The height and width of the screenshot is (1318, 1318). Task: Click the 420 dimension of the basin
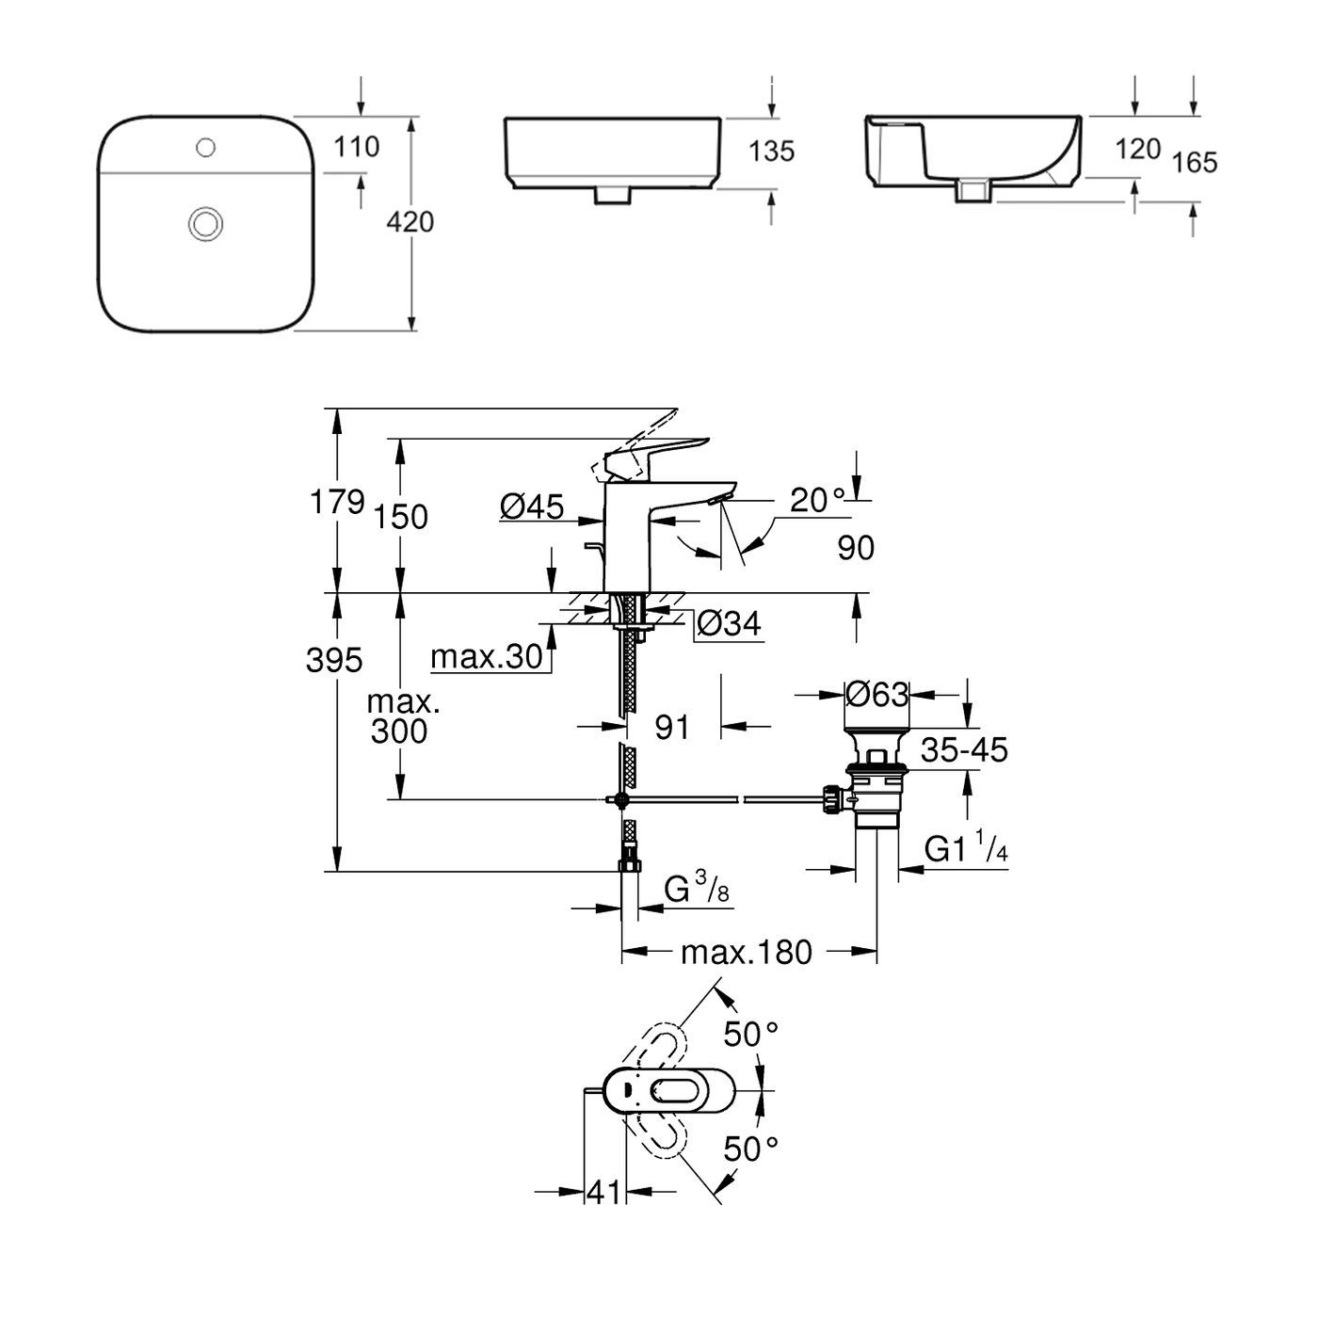point(411,222)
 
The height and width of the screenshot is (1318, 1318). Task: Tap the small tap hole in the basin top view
point(206,147)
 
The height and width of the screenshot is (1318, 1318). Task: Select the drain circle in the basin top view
point(205,223)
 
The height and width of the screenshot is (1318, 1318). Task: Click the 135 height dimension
point(772,151)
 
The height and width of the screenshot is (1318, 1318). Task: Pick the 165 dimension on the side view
point(1195,163)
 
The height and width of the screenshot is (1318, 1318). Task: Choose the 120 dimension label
point(1136,150)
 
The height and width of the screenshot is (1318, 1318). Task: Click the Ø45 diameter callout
point(532,507)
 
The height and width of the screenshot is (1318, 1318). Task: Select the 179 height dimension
point(337,502)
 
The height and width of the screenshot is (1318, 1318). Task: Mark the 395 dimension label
point(333,661)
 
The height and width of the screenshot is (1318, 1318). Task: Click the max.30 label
point(487,656)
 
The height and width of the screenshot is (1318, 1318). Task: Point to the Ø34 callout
point(730,623)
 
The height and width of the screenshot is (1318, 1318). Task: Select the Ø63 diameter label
point(876,695)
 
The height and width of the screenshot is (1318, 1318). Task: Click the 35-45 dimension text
point(964,750)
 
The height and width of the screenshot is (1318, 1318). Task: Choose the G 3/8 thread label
point(698,889)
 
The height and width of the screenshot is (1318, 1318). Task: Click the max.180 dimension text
point(747,953)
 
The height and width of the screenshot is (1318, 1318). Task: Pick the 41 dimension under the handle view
point(604,1192)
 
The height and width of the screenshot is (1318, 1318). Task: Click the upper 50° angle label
point(750,1035)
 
